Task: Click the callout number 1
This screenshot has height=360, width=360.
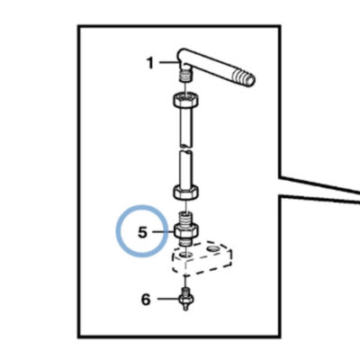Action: (150, 63)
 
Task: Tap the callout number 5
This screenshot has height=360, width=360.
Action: (142, 232)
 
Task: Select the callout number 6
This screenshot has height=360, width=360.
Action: (146, 300)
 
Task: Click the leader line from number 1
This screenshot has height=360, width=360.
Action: (169, 62)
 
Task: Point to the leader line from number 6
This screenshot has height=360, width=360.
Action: (168, 299)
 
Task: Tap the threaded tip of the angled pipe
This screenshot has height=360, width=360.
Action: (247, 77)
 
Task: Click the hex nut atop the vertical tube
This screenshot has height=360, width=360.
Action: (186, 100)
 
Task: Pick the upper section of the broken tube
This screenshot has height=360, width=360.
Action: (186, 127)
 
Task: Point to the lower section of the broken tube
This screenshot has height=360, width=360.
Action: (186, 168)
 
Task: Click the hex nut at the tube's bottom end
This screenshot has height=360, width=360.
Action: (186, 193)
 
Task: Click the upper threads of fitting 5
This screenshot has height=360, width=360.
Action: (186, 218)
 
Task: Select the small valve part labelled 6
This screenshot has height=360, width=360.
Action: (186, 299)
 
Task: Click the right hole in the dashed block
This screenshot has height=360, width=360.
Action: (213, 248)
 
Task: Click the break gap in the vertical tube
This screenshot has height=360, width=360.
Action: (186, 149)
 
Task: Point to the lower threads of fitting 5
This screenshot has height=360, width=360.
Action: (186, 242)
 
